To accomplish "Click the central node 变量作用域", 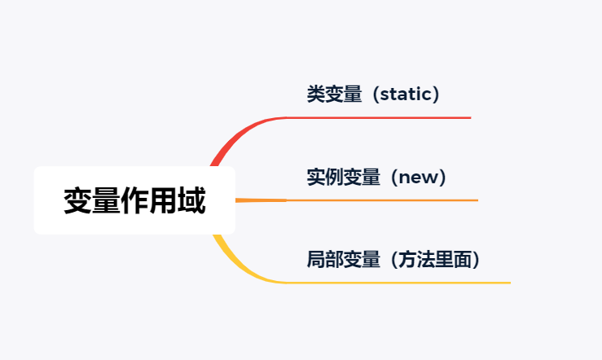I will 134,200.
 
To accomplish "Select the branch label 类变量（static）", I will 373,94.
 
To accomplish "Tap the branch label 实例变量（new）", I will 377,177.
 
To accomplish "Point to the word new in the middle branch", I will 415,178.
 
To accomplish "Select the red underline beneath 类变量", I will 383,118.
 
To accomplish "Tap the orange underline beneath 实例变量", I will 383,200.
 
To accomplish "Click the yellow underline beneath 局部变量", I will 399,283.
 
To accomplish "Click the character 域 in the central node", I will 192,200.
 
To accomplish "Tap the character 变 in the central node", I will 77,200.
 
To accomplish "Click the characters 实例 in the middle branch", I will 325,177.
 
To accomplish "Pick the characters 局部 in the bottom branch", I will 325,260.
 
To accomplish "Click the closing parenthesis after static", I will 436,94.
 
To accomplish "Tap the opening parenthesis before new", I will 389,178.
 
